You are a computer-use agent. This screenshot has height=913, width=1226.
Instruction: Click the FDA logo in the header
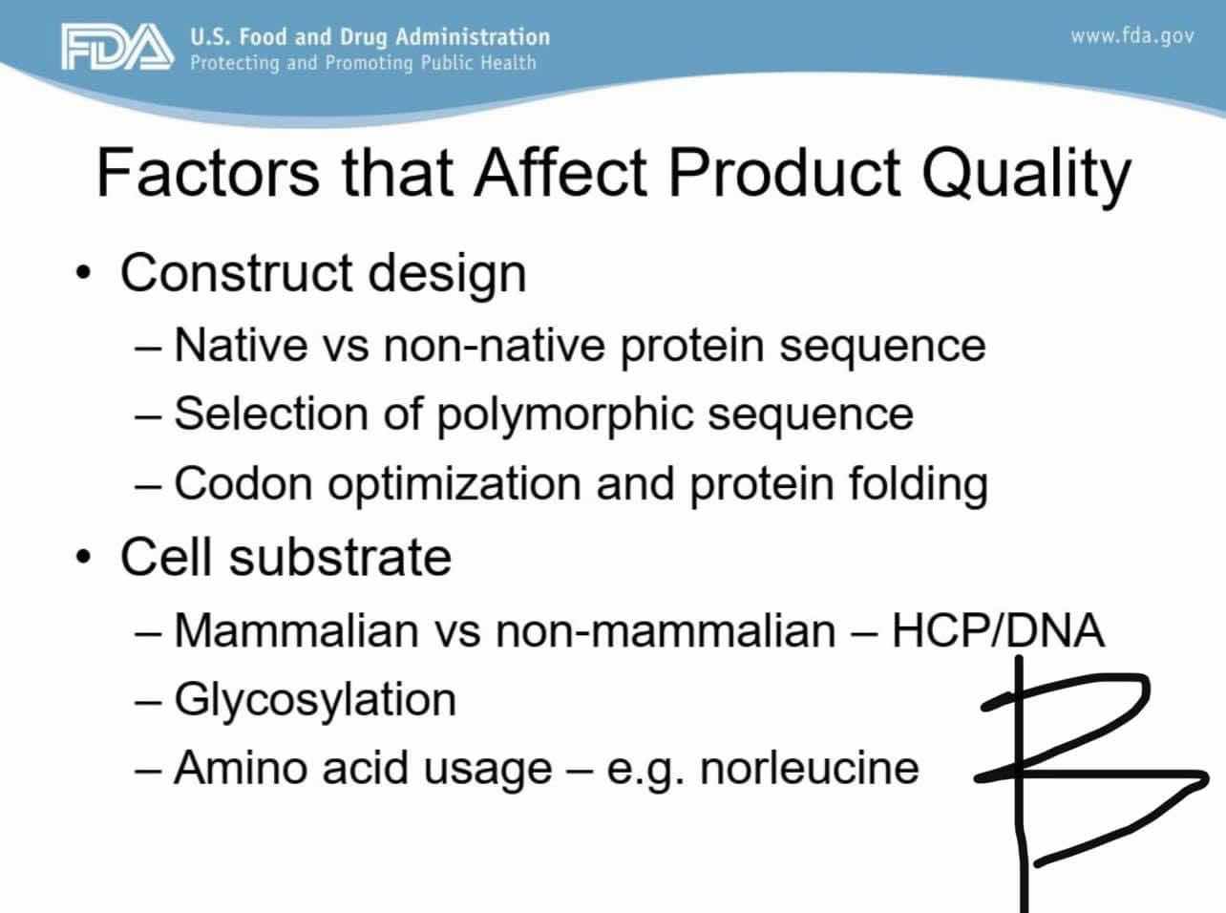(x=117, y=47)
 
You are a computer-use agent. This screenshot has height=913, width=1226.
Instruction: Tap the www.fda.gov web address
(x=1132, y=36)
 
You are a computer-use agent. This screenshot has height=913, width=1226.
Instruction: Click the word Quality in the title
(x=1026, y=175)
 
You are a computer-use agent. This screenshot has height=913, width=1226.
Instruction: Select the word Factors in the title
(x=208, y=172)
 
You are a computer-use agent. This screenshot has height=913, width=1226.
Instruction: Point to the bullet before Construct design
(x=83, y=272)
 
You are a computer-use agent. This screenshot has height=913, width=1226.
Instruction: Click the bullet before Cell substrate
(x=83, y=557)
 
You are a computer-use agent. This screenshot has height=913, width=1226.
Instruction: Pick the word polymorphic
(x=565, y=415)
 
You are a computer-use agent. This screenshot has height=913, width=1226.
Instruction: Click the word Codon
(x=243, y=483)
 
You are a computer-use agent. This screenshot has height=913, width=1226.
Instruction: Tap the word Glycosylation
(x=315, y=701)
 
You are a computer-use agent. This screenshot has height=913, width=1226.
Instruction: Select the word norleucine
(x=810, y=768)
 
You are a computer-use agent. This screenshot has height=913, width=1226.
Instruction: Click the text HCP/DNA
(x=998, y=630)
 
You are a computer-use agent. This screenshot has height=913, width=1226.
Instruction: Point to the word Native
(x=241, y=345)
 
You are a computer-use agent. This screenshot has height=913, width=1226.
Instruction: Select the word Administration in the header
(x=473, y=37)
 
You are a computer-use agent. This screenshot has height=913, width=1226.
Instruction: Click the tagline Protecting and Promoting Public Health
(x=363, y=63)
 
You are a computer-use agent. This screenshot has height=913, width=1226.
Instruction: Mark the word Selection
(x=271, y=414)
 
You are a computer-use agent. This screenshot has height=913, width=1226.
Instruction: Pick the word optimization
(x=454, y=485)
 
